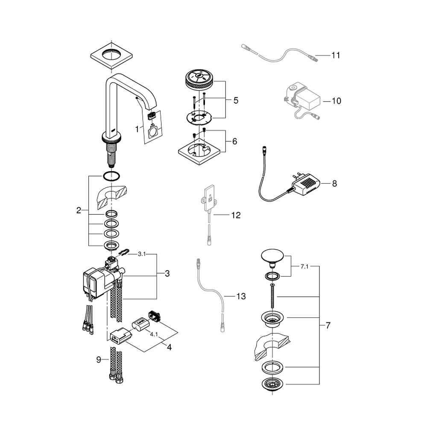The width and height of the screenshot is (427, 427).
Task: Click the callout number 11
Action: click(x=336, y=55)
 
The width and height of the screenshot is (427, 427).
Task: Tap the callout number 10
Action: click(x=336, y=101)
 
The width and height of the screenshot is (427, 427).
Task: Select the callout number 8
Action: click(x=334, y=184)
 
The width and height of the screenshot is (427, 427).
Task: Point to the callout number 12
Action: click(x=236, y=215)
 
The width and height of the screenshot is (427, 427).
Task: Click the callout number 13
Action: click(x=241, y=296)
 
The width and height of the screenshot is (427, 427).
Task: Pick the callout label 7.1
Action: click(x=304, y=266)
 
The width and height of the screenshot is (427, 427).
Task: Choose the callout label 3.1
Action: click(x=142, y=254)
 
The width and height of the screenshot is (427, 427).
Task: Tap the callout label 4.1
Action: click(x=154, y=334)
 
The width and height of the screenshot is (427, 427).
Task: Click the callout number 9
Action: click(x=99, y=360)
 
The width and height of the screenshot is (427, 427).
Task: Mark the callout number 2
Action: click(x=79, y=210)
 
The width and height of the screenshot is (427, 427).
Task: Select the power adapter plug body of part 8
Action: click(x=306, y=184)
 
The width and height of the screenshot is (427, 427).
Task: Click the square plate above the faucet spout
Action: click(x=111, y=54)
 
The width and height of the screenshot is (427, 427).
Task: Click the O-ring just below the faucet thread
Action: click(x=111, y=176)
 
